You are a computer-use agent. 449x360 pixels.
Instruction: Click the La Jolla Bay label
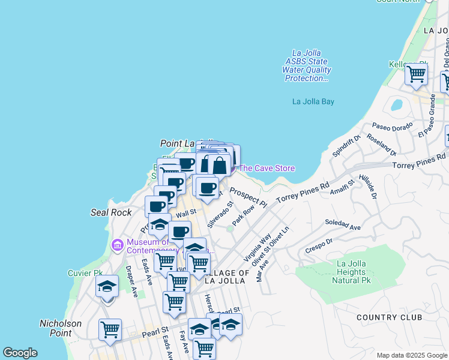[313, 101]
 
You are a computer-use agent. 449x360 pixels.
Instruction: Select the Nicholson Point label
[61, 328]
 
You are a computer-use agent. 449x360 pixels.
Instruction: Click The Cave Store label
[267, 168]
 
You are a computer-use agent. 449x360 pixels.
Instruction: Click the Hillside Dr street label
[367, 187]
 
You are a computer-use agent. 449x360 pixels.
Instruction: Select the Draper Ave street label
[132, 281]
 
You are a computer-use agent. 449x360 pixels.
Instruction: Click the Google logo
[20, 353]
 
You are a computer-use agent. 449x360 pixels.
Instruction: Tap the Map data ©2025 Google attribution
[412, 355]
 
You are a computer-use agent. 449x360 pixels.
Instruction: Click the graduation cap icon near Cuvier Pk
[107, 286]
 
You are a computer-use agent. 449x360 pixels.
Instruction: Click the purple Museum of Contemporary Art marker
[118, 245]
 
